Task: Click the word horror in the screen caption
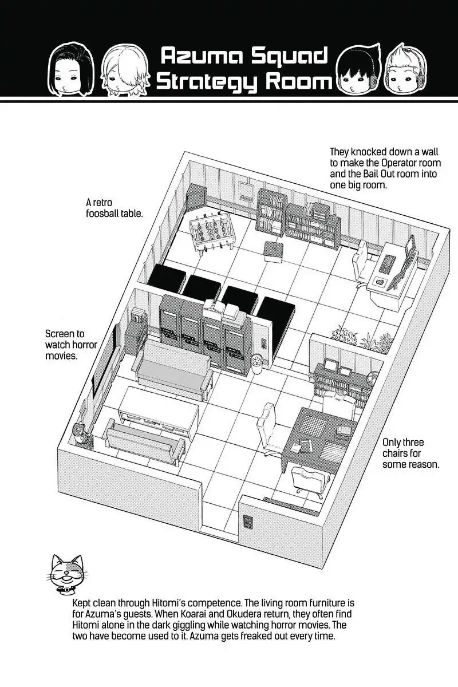84,345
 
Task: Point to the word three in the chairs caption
412,443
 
